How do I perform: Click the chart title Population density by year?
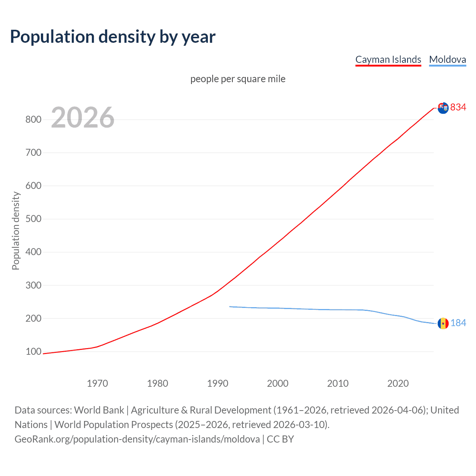113,37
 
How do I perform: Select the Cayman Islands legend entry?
388,59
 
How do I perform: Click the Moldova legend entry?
447,59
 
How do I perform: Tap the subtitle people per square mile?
238,79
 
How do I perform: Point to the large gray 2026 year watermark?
83,118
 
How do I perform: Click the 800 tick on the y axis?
33,119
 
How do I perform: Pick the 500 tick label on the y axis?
33,219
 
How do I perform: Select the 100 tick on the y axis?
33,351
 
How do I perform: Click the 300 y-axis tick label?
33,285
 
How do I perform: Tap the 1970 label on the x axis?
97,383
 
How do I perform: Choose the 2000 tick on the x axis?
277,383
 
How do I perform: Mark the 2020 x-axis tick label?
398,383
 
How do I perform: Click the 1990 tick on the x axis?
218,383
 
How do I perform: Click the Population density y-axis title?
16,231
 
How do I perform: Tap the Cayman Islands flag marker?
443,108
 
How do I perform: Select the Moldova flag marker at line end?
443,324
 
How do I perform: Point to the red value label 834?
458,107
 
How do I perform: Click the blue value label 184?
458,323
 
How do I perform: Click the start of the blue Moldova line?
230,306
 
